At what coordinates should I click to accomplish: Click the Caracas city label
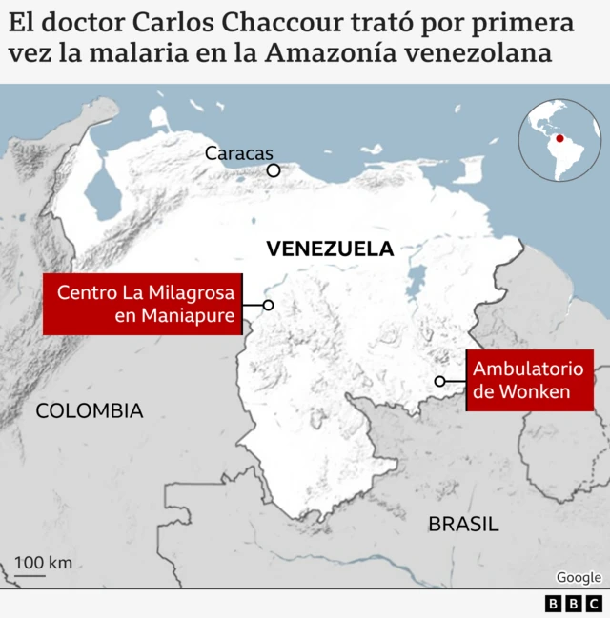pyautogui.click(x=238, y=153)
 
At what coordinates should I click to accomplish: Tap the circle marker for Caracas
pyautogui.click(x=274, y=170)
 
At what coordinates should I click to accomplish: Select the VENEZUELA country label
pyautogui.click(x=330, y=249)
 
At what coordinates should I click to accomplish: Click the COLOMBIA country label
pyautogui.click(x=90, y=411)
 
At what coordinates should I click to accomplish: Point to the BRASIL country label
pyautogui.click(x=463, y=523)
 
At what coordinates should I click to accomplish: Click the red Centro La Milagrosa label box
pyautogui.click(x=143, y=305)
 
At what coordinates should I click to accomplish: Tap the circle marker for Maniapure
pyautogui.click(x=269, y=305)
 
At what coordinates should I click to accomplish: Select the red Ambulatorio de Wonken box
pyautogui.click(x=529, y=380)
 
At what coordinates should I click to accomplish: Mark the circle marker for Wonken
pyautogui.click(x=440, y=381)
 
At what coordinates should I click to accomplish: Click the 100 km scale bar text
pyautogui.click(x=43, y=562)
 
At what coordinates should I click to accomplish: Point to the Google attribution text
pyautogui.click(x=579, y=577)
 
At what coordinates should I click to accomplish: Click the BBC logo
pyautogui.click(x=574, y=604)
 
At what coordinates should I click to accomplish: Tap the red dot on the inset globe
pyautogui.click(x=559, y=139)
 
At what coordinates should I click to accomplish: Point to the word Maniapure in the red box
pyautogui.click(x=187, y=317)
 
